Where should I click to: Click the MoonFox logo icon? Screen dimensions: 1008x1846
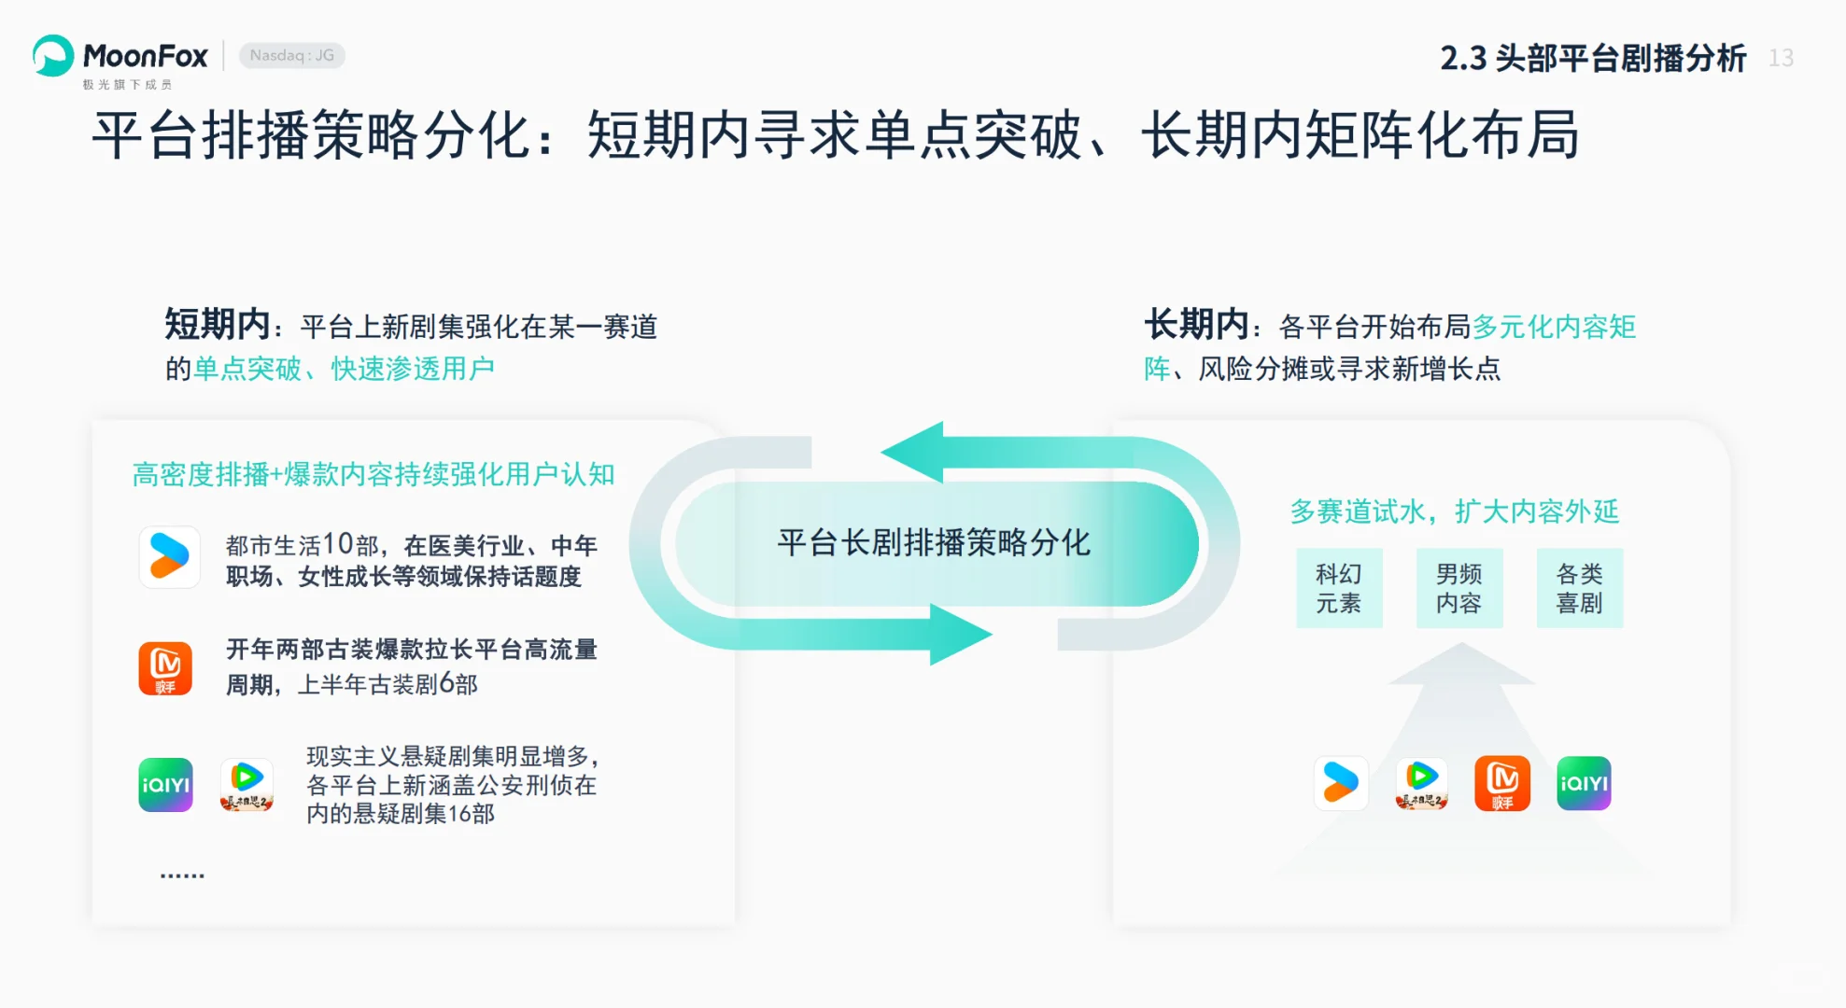[53, 56]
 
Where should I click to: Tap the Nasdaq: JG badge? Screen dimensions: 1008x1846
[292, 56]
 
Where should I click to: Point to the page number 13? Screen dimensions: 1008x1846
[1781, 58]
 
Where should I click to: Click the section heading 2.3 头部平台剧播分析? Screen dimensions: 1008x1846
[1592, 58]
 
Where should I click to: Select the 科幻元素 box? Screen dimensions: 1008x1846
[1338, 588]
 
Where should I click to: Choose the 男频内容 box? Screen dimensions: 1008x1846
[1458, 588]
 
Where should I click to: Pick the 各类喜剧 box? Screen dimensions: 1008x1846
[1579, 588]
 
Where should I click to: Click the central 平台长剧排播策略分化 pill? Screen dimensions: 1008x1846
[935, 543]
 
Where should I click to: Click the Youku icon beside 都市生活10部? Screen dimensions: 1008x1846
[169, 557]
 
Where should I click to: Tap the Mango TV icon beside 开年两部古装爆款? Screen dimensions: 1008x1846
[165, 668]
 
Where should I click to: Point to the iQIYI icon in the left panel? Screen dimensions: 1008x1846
[165, 785]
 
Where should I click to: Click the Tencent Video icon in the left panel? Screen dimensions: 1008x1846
[247, 785]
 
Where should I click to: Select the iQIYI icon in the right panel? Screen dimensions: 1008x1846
[1584, 783]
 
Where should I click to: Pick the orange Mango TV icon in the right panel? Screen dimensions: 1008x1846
[1502, 783]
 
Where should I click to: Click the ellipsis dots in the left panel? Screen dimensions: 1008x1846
[182, 875]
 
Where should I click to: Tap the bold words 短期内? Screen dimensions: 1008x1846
[217, 325]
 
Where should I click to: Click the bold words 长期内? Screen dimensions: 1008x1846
[1196, 325]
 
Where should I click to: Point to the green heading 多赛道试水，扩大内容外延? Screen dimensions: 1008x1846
[1454, 511]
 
